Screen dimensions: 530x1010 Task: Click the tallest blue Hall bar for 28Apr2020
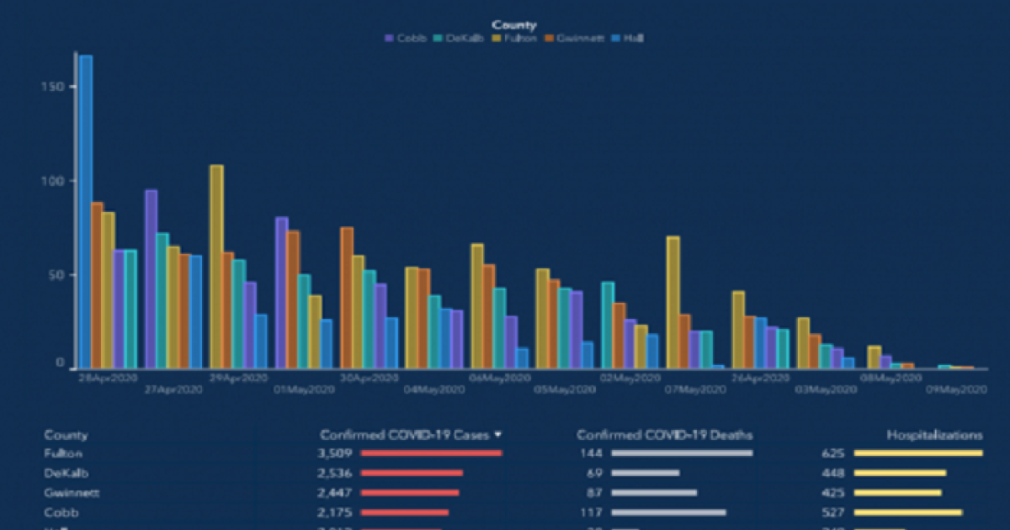click(86, 210)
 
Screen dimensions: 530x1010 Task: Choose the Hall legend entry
click(629, 39)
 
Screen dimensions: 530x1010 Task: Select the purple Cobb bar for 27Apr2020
click(151, 278)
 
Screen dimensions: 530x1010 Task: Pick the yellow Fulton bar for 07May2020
click(672, 302)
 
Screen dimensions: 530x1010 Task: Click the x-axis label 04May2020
click(435, 390)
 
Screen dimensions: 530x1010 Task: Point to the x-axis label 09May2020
click(956, 390)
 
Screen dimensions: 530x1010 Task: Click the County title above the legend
click(513, 25)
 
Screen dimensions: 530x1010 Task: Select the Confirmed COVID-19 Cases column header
click(405, 435)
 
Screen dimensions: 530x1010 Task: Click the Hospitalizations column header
click(934, 435)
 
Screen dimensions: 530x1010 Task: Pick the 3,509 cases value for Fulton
click(334, 453)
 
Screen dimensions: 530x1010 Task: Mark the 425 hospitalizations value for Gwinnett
click(833, 492)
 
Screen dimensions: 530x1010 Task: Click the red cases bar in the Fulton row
click(431, 453)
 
